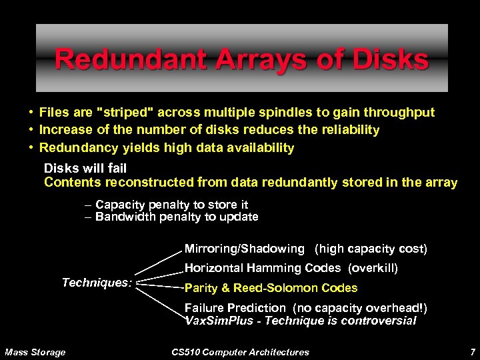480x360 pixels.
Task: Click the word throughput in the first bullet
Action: click(399, 112)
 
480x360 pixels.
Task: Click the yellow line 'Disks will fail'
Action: click(85, 168)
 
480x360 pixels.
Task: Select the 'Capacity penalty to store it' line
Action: click(171, 205)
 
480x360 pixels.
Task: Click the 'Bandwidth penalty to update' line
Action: click(177, 217)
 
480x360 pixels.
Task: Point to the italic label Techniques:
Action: click(97, 283)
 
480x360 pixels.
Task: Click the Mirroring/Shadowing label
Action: click(244, 249)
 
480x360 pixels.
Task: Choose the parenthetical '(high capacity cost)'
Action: click(371, 249)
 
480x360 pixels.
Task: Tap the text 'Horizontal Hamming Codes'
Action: click(263, 268)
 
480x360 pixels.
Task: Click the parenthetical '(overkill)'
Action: click(373, 268)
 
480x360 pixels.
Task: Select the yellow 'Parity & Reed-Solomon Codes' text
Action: click(271, 288)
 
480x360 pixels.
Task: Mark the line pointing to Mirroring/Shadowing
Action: click(158, 262)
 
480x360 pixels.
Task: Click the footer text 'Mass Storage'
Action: click(35, 352)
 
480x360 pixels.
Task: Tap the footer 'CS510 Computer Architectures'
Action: click(240, 352)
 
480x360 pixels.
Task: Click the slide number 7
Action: click(472, 351)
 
